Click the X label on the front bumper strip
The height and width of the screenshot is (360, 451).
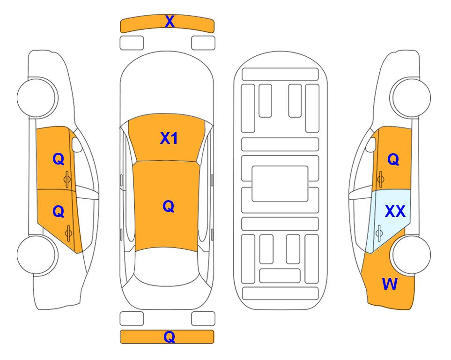[x=170, y=21]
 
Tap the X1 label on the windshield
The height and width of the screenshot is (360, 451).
[x=169, y=138]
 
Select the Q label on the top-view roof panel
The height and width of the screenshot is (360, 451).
[x=168, y=206]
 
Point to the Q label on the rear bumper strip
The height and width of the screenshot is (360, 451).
[x=169, y=337]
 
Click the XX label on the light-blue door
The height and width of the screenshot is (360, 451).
[x=395, y=211]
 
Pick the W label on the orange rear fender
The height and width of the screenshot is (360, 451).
[x=390, y=284]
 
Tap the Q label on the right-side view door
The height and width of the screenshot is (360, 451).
[x=393, y=159]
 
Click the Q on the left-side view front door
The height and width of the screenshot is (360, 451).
[x=59, y=159]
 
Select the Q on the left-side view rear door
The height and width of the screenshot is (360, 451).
[x=59, y=212]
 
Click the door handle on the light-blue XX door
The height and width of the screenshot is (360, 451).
[x=379, y=233]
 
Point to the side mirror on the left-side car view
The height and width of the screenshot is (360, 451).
[x=77, y=144]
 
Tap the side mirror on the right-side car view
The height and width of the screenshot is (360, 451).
[x=371, y=144]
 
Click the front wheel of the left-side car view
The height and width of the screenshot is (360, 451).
[x=37, y=97]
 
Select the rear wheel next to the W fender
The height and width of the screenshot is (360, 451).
[x=410, y=255]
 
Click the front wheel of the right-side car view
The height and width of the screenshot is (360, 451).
[x=410, y=97]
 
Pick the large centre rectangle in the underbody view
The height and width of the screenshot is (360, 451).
[x=280, y=184]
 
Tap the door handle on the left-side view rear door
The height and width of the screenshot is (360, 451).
[x=68, y=233]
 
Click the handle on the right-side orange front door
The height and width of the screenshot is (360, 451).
[x=381, y=179]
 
